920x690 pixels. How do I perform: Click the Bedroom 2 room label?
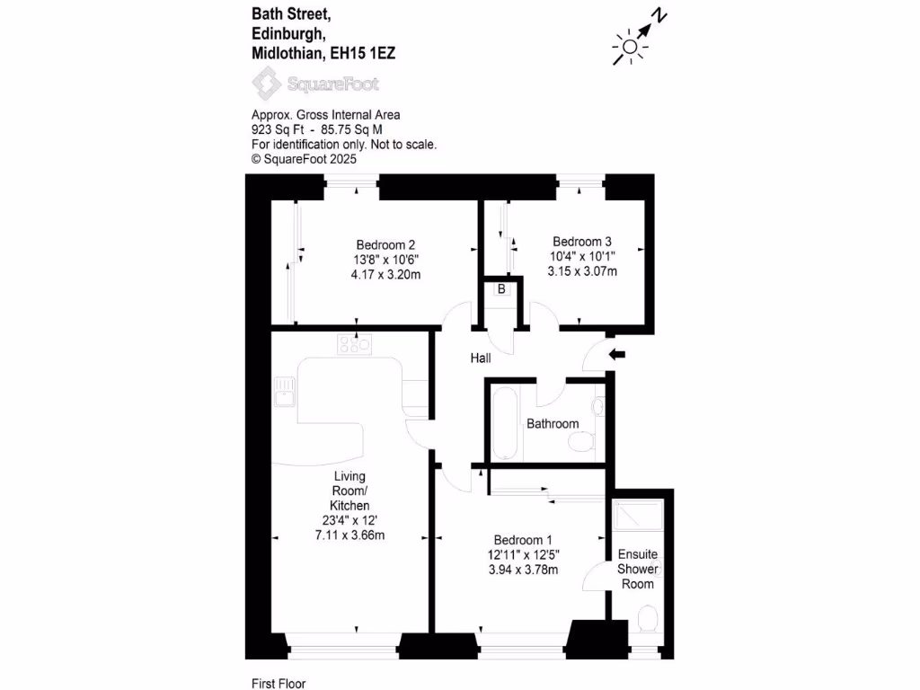(385, 244)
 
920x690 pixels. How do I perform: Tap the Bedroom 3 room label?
(581, 242)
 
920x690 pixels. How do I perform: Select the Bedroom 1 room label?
(522, 540)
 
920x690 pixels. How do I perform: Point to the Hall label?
(481, 358)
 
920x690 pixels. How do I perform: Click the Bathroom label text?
(553, 424)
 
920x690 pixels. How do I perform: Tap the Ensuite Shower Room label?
(638, 570)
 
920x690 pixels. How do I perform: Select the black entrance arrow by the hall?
(617, 355)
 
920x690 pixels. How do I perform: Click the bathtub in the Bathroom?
(503, 422)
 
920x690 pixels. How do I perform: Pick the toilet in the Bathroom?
(584, 441)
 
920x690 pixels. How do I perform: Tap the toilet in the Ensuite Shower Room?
(646, 619)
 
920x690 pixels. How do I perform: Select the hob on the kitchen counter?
(355, 343)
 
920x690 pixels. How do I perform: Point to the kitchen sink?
(286, 393)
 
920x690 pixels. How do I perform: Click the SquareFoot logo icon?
(266, 84)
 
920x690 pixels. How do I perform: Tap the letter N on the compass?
(659, 15)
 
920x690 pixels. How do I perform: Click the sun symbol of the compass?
(630, 47)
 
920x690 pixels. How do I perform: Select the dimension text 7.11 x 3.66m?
(349, 535)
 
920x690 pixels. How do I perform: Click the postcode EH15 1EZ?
(363, 54)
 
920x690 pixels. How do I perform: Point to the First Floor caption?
(279, 684)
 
